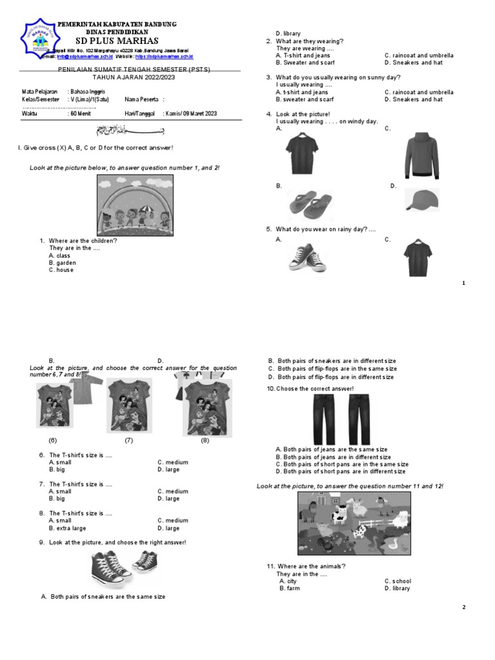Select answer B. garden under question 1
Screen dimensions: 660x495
(63, 263)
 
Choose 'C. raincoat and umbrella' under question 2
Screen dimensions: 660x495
(419, 55)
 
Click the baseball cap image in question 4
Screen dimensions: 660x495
(422, 200)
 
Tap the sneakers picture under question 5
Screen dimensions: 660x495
(307, 258)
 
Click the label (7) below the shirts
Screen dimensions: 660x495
(129, 441)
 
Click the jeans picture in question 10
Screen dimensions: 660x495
(341, 419)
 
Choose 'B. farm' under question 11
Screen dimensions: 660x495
(289, 588)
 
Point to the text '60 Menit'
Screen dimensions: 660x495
(81, 113)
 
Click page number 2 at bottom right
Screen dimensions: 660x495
(464, 608)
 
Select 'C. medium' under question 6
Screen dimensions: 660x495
(173, 462)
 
